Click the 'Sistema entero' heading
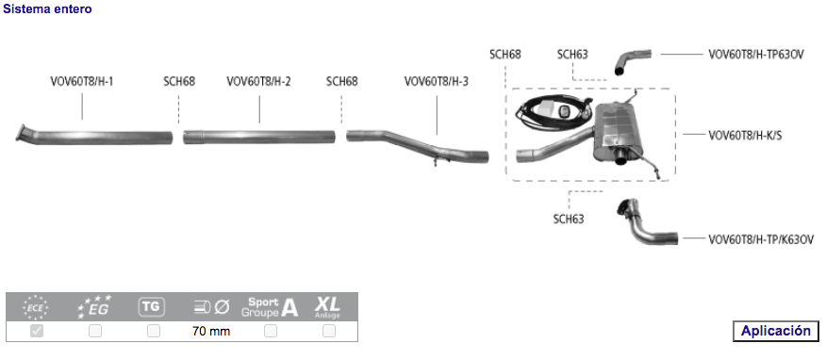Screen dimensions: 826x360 (47, 8)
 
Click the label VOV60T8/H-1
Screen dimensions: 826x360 (82, 82)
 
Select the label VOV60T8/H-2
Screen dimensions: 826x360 (258, 82)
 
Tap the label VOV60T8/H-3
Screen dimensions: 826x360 (437, 82)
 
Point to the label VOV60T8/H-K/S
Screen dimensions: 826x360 (745, 136)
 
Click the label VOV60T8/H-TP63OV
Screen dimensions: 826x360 (756, 55)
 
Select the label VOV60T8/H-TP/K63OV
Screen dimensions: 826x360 (761, 239)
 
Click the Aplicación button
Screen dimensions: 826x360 (775, 331)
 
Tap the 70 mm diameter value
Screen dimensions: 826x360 (211, 331)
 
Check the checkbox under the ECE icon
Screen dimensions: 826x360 (37, 331)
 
